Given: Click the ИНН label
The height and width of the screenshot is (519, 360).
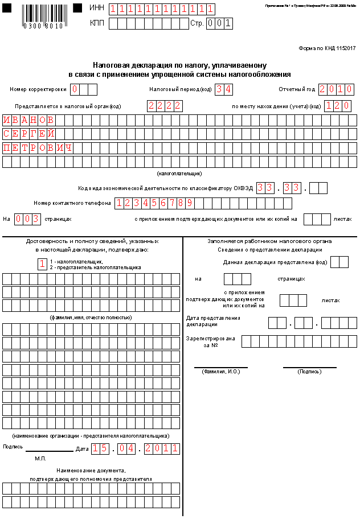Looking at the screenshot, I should click(97, 9).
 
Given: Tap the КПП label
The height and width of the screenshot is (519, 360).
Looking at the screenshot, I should click(97, 23).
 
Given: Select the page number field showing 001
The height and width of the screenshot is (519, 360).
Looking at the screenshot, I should click(219, 23).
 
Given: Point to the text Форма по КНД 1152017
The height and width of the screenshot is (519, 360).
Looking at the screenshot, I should click(327, 48).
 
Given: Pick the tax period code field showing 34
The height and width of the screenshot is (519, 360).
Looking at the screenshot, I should click(224, 89).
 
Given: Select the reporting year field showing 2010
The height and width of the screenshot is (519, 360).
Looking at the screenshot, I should click(336, 89).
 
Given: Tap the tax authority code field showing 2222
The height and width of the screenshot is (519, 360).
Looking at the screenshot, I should click(165, 106).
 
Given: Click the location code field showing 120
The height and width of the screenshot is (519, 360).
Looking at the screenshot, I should click(337, 106).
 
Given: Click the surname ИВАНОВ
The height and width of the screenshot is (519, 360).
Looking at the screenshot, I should click(29, 120).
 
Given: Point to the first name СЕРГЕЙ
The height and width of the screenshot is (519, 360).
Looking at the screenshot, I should click(29, 134).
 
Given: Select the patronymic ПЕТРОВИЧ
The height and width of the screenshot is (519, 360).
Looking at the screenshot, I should click(38, 148).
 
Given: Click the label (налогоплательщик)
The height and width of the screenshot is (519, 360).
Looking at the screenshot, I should click(179, 173).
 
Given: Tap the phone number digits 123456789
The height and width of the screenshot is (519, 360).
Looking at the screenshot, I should click(154, 203).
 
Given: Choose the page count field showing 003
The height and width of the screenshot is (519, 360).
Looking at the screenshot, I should click(27, 219).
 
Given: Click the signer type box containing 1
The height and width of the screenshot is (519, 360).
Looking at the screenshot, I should click(42, 263).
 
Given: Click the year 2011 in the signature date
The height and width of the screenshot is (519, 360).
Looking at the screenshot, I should click(162, 449).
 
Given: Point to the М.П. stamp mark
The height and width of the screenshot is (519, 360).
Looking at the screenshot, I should click(40, 458).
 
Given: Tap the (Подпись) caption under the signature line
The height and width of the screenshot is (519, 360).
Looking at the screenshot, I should click(309, 372).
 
